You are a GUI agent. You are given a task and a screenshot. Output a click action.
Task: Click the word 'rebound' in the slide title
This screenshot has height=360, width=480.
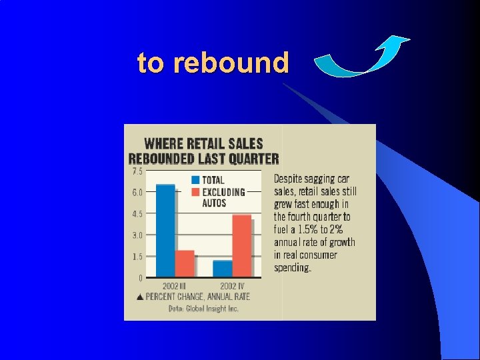[231, 63]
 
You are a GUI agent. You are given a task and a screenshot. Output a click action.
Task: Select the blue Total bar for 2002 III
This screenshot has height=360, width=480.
[165, 230]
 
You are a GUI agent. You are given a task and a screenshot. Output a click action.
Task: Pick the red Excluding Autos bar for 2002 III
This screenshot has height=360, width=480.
[185, 263]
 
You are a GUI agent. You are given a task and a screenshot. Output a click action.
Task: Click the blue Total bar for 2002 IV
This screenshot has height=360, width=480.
[223, 268]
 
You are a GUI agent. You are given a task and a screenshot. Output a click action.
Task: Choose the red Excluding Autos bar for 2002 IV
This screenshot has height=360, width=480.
[242, 245]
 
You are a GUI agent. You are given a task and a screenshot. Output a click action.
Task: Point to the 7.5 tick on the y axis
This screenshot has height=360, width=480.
[137, 171]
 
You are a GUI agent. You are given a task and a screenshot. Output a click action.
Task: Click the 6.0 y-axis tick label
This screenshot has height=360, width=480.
[137, 192]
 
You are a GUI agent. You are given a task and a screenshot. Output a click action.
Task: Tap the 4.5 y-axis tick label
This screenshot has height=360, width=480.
[137, 214]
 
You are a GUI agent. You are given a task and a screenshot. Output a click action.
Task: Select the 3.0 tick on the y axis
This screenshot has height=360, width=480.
[137, 235]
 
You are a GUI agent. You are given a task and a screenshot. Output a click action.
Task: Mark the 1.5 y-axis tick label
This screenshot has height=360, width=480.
[137, 257]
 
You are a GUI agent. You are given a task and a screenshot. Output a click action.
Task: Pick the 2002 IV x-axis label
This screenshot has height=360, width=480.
[233, 287]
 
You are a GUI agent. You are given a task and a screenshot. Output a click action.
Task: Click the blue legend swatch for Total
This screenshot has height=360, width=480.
[195, 179]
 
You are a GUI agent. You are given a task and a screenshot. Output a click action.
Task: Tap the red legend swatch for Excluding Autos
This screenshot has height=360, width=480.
[195, 192]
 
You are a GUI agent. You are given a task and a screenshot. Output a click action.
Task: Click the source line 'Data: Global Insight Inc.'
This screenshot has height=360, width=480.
[203, 308]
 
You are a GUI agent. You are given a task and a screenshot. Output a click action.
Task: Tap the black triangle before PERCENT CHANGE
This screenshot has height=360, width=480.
[140, 297]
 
